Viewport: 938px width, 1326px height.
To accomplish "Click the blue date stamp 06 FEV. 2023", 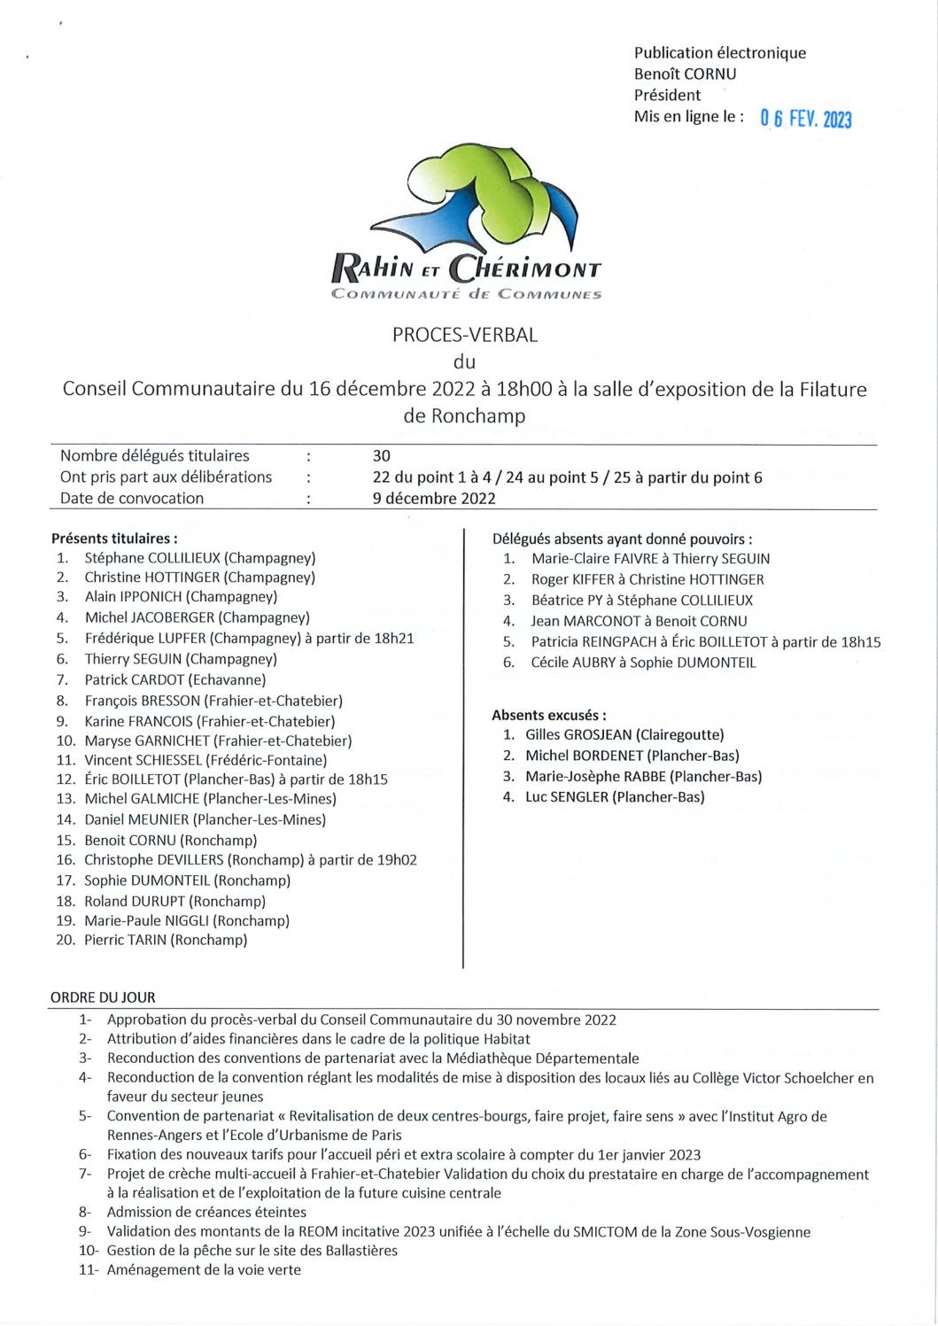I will (805, 119).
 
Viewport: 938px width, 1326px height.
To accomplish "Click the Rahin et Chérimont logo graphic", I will (468, 225).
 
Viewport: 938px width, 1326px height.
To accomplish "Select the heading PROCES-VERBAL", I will (465, 336).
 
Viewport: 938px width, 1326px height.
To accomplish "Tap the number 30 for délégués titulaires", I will (382, 456).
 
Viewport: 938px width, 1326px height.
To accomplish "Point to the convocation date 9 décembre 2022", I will (434, 498).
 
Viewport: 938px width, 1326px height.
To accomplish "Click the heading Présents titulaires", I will (114, 538).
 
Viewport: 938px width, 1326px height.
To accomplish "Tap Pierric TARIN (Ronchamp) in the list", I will (166, 940).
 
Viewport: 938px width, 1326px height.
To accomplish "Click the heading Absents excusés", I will (549, 715).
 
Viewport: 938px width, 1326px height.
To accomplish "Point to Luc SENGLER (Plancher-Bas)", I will (615, 797).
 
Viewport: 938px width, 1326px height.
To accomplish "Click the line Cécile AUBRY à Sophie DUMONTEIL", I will (643, 663).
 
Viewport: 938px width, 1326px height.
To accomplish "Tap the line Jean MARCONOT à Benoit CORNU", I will (639, 621).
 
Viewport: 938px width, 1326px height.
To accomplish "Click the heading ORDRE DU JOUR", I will (103, 997).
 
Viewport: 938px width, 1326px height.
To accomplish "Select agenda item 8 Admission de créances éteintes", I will (206, 1212).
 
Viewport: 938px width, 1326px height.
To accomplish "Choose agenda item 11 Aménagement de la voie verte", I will (204, 1270).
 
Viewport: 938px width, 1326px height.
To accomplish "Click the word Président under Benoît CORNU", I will (667, 95).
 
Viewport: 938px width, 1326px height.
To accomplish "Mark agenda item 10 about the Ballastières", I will (252, 1251).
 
